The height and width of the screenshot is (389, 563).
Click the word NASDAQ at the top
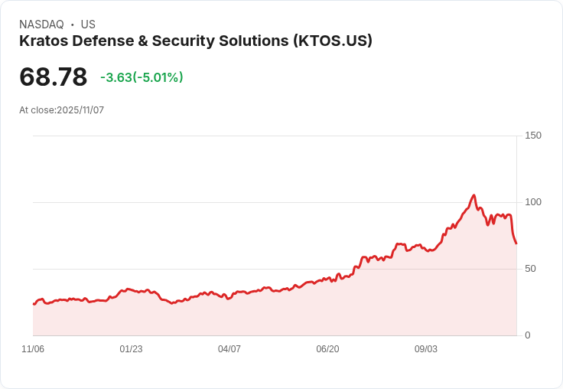(x=41, y=25)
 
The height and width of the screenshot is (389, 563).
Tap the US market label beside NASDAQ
(x=88, y=25)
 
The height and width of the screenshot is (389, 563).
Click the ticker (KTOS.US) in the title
(x=332, y=41)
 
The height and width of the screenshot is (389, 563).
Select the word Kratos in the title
(x=42, y=41)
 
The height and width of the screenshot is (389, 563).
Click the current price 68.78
(x=53, y=77)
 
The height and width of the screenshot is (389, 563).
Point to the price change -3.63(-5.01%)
(x=142, y=77)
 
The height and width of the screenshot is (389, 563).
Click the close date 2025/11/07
(x=80, y=110)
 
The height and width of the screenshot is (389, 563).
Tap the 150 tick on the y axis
(x=532, y=136)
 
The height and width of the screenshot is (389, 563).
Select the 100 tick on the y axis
(x=532, y=202)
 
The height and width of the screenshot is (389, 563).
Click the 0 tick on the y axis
(x=528, y=335)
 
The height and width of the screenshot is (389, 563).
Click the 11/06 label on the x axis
(x=33, y=349)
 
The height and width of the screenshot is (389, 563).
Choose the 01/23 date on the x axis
(x=131, y=349)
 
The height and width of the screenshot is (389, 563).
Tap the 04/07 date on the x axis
(x=229, y=349)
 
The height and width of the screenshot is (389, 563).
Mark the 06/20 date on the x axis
(x=327, y=349)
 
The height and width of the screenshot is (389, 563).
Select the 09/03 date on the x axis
(x=426, y=349)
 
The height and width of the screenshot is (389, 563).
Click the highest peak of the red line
(x=474, y=195)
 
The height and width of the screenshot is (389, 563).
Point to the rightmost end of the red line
(x=516, y=244)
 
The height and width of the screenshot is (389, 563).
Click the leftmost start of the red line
(x=34, y=304)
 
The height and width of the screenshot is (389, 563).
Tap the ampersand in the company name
(x=166, y=41)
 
